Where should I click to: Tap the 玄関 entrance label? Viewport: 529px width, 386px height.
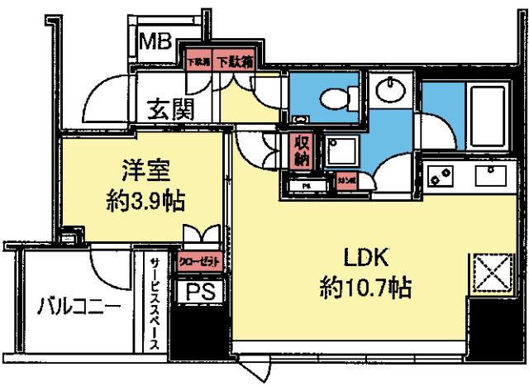172,108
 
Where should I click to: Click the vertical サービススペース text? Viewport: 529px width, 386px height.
154,303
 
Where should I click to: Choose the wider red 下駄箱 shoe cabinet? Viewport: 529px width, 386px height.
234,60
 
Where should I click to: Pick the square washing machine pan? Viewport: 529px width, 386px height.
340,152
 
